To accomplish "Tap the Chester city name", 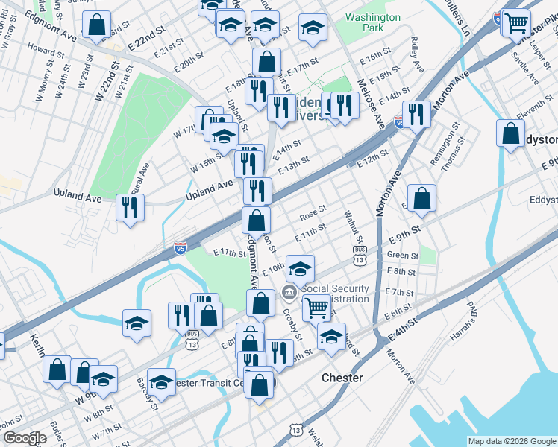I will click(342, 378).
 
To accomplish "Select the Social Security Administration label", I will click(335, 294).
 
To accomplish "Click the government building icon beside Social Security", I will click(289, 292).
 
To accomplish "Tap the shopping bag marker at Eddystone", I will click(511, 134).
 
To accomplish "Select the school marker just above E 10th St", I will click(300, 267).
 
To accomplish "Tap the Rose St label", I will click(313, 213).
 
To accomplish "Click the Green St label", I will click(403, 256).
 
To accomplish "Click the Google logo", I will click(25, 438).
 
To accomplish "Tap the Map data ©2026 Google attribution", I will click(512, 441).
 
